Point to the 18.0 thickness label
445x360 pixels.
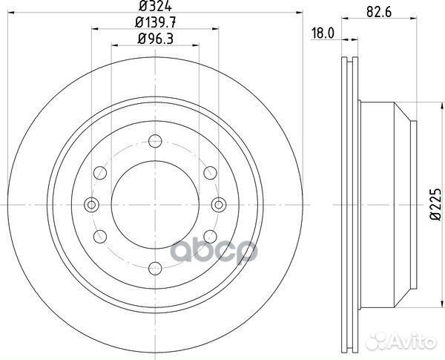click(x=320, y=33)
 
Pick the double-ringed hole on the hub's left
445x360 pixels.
click(x=91, y=205)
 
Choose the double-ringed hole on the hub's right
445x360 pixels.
click(x=218, y=205)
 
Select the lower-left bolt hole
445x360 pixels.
click(x=99, y=236)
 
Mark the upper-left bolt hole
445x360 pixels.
click(x=99, y=173)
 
